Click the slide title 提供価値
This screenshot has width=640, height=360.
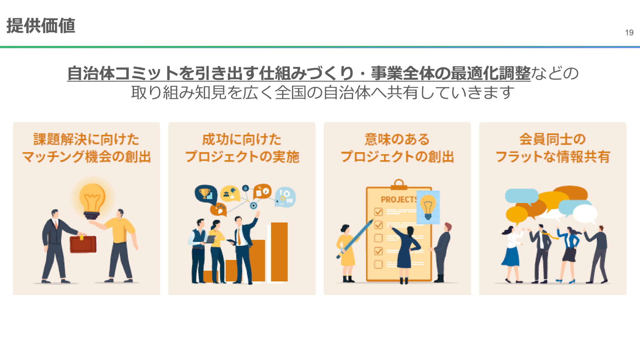pos(41,26)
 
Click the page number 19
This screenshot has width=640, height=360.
pos(629,33)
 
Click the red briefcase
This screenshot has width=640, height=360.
pos(83,244)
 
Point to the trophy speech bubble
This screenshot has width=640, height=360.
pos(206,194)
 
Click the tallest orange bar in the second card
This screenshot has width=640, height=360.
pos(279,252)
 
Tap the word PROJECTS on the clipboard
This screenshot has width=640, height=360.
pos(399,199)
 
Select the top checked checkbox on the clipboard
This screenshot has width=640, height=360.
pos(378,212)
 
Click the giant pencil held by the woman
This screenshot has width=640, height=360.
pos(355,239)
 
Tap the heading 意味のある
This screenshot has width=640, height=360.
pos(397,139)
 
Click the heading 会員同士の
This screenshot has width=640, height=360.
pos(552,139)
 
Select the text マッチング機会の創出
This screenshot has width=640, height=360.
pos(86,157)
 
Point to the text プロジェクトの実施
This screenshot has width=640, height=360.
pos(242,157)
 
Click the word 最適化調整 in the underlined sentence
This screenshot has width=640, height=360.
pos(490,73)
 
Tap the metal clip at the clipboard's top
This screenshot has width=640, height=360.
pos(399,184)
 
